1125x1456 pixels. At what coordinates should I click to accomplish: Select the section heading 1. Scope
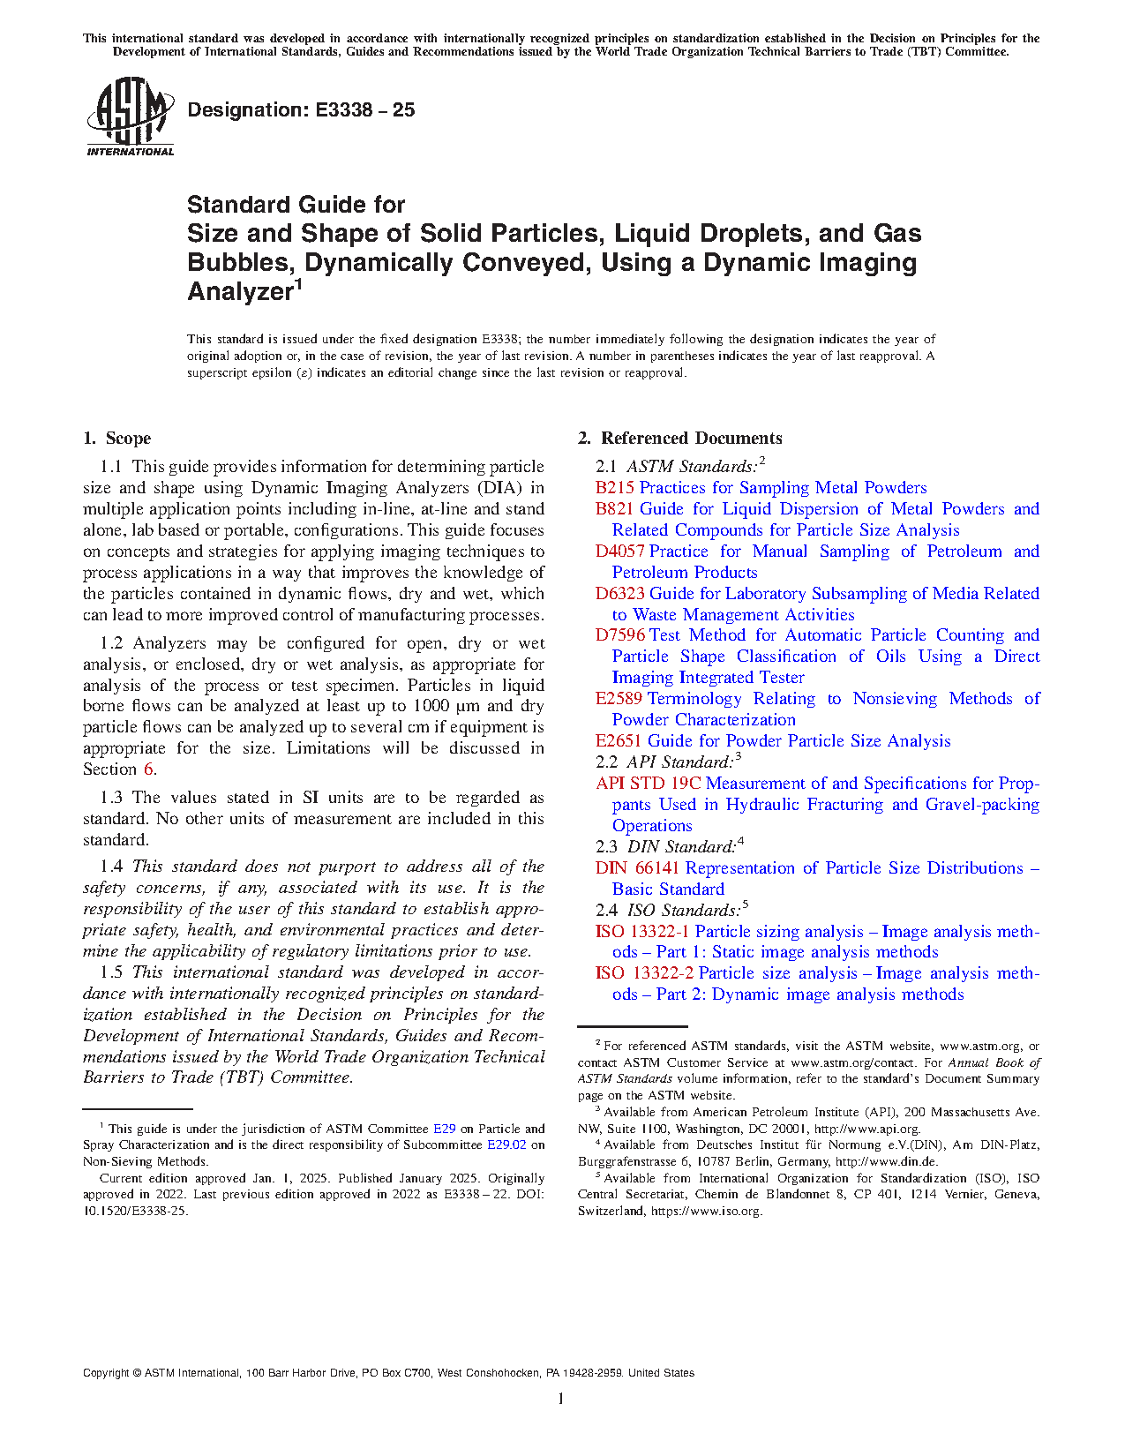[117, 439]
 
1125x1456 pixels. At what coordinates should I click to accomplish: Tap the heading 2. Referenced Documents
[679, 439]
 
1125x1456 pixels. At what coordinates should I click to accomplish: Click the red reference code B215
[614, 488]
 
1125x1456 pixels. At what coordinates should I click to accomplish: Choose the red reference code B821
[614, 509]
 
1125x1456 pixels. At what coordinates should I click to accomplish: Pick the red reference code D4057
[619, 552]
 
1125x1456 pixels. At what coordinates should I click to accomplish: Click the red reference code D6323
[619, 594]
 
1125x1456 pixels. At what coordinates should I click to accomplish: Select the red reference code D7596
[619, 635]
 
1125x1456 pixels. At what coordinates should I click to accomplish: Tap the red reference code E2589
[619, 699]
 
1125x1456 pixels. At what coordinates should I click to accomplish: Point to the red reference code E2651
[618, 741]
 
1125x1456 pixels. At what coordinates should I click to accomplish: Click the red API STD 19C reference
[648, 784]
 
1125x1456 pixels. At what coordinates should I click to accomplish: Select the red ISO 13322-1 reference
[641, 932]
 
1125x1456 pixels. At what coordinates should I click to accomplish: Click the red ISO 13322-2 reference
[644, 973]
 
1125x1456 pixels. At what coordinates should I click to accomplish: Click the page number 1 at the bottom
[561, 1399]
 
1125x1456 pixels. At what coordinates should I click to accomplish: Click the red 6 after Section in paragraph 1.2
[149, 769]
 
